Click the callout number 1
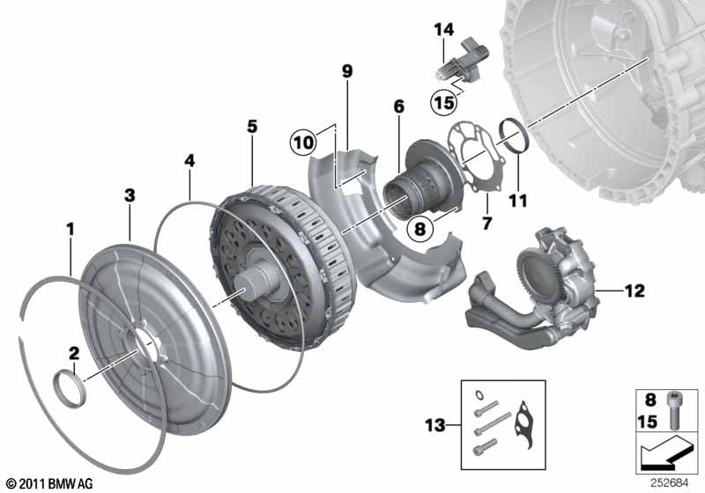point(70,230)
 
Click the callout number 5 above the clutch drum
point(252,127)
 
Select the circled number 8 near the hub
point(419,227)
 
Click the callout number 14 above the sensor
point(443,30)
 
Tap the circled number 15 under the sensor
point(444,103)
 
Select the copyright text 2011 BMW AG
point(48,483)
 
